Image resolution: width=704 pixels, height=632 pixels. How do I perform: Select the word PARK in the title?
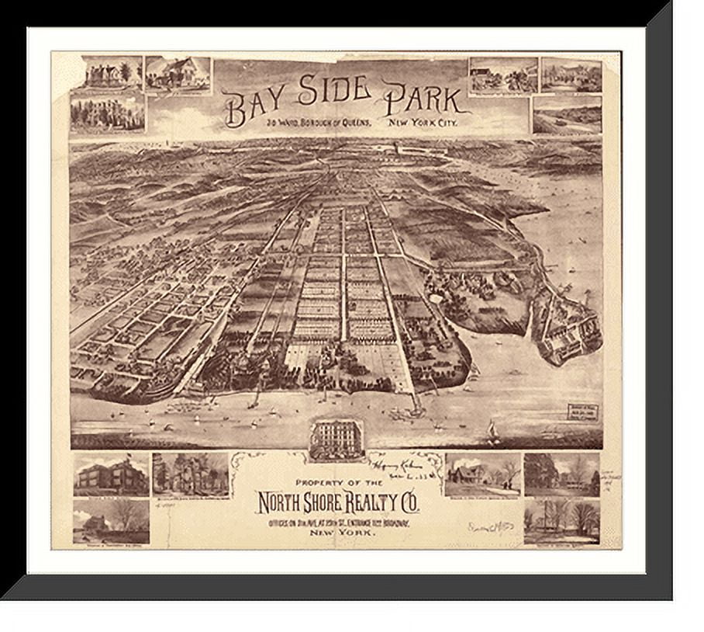tap(423, 101)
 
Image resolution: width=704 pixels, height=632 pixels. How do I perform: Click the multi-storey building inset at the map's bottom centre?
tap(336, 440)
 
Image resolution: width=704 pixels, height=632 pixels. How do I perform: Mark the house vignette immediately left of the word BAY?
tap(178, 75)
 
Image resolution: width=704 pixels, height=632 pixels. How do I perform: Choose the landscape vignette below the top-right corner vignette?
tap(567, 115)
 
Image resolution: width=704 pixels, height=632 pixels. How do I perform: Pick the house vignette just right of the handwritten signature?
tap(482, 474)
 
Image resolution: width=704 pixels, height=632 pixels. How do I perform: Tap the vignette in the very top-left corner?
tap(105, 72)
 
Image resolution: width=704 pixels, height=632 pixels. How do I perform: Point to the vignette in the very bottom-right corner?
tap(561, 523)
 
